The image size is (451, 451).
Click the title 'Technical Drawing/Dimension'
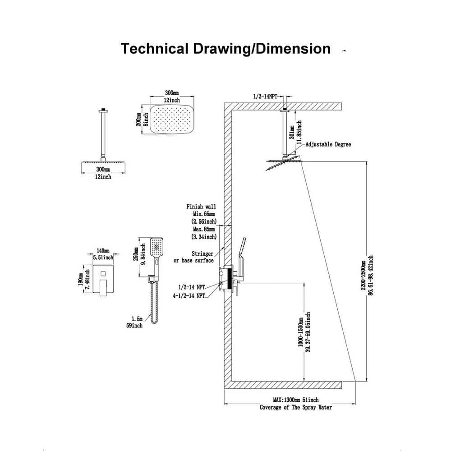tap(225, 48)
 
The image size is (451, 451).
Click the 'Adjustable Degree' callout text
tap(328, 144)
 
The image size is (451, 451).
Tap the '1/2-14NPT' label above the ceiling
tap(265, 97)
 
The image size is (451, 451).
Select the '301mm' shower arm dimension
tap(292, 132)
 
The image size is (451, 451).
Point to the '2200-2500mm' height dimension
tap(363, 275)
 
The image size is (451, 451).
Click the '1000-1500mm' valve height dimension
tap(300, 332)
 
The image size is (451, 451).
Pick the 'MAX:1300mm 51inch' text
tap(296, 400)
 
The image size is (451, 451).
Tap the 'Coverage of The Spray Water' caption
tap(296, 407)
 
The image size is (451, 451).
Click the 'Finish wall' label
tap(201, 207)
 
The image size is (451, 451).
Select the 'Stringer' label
tap(202, 253)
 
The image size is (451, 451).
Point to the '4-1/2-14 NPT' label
tap(189, 296)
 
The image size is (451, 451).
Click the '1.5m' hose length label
tap(137, 319)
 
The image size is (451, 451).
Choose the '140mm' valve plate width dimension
tap(103, 251)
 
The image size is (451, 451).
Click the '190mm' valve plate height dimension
tap(81, 279)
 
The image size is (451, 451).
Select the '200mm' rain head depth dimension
tap(138, 120)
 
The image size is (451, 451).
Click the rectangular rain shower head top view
tap(172, 119)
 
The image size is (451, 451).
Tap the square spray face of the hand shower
tap(157, 247)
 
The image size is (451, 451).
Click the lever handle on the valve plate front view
tap(103, 287)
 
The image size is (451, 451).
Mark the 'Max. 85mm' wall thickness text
tap(204, 229)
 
